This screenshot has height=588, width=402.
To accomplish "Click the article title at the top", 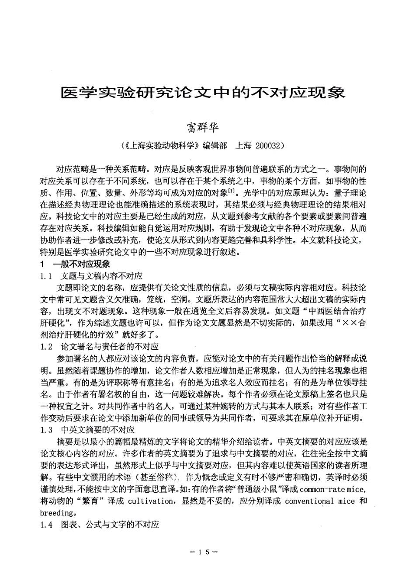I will click(203, 92).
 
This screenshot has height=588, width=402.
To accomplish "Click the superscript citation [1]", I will click(232, 191).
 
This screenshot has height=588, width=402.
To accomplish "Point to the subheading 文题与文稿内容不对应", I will click(102, 276).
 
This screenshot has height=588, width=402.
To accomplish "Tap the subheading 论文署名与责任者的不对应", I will click(110, 347).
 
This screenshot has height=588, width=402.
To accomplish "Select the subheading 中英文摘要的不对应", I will click(98, 430).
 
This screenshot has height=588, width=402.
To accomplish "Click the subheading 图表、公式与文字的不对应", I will click(110, 524).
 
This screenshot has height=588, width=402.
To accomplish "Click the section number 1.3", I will click(46, 430).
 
